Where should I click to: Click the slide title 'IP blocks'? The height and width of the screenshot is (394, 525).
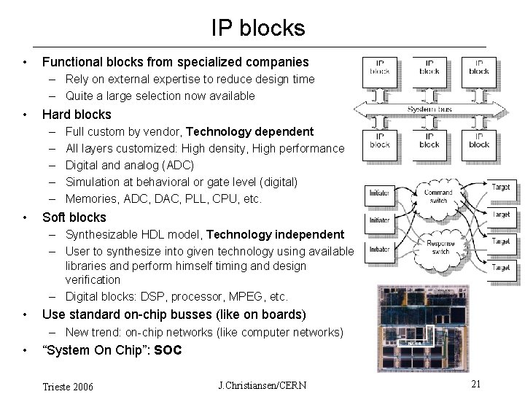point(258,28)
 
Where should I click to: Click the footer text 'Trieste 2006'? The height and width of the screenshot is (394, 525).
point(69,386)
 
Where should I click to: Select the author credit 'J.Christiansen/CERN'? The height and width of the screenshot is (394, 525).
point(262,385)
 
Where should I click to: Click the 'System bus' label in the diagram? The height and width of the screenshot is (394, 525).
point(429,109)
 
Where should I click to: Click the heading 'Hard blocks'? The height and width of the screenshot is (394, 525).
point(77,115)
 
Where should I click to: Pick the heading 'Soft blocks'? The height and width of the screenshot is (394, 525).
point(74,217)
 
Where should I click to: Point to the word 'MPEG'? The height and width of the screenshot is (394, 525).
point(246,297)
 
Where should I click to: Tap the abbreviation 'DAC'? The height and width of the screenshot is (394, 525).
point(169,199)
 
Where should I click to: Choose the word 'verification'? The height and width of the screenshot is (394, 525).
point(93,280)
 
